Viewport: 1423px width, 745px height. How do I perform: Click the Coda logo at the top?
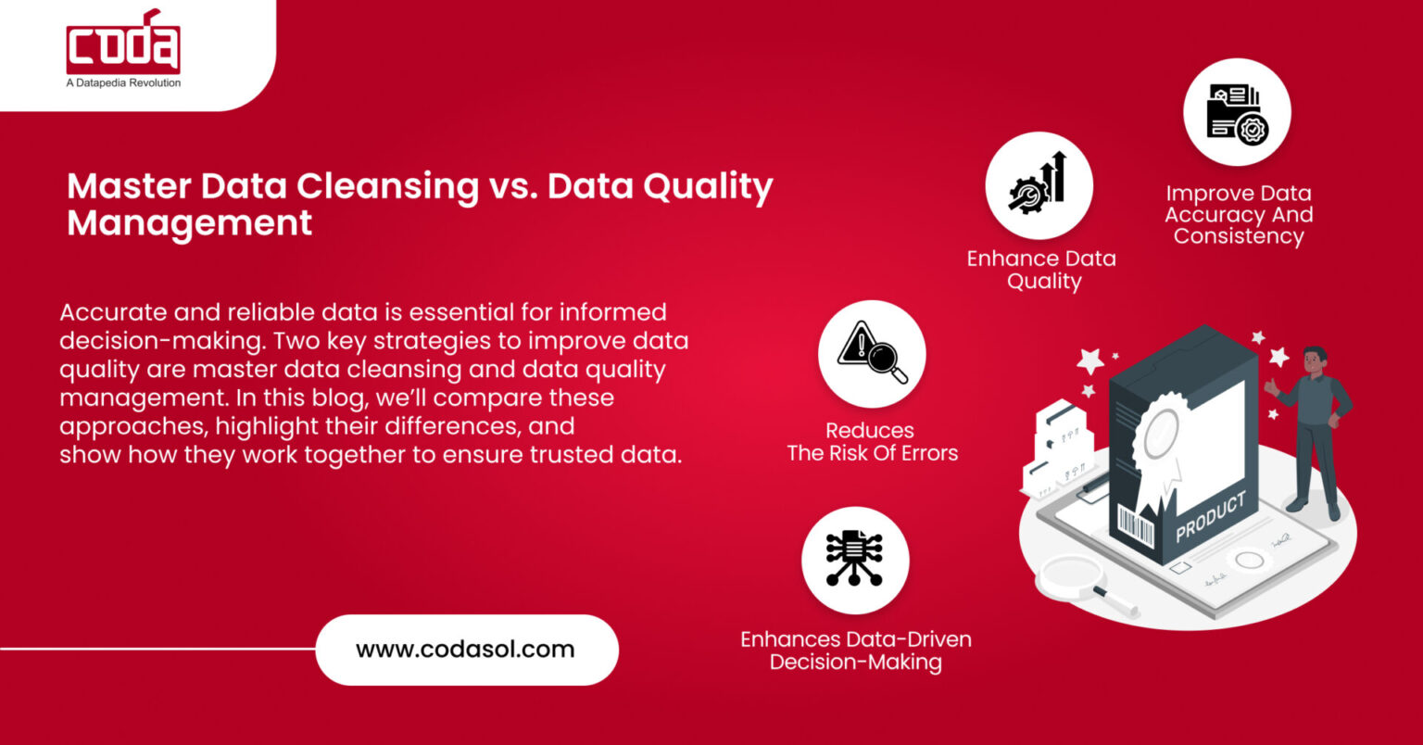coord(123,44)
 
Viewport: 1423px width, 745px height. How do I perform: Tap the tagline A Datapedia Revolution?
coord(123,83)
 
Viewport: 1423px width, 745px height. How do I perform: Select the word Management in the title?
coord(189,224)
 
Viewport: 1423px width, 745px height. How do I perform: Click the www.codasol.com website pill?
coord(466,650)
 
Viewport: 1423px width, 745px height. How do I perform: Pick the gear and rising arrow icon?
coord(1039,185)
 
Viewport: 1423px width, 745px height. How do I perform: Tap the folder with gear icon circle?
coord(1237,112)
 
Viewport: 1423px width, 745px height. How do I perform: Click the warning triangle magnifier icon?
coord(872,353)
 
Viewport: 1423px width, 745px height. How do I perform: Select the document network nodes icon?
coord(855,560)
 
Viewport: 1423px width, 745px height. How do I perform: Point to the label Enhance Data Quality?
coord(1041,270)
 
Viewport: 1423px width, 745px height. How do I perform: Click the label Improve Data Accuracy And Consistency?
coord(1239,215)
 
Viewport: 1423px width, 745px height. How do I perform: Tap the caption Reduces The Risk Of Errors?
coord(871,442)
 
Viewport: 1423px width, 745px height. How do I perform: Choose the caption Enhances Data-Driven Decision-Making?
coord(856,650)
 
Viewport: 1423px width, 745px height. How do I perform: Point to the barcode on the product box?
coord(1136,527)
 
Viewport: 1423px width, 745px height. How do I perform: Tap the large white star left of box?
coord(1090,360)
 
